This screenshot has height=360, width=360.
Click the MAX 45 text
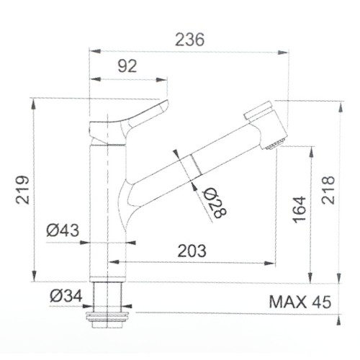click(300, 302)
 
